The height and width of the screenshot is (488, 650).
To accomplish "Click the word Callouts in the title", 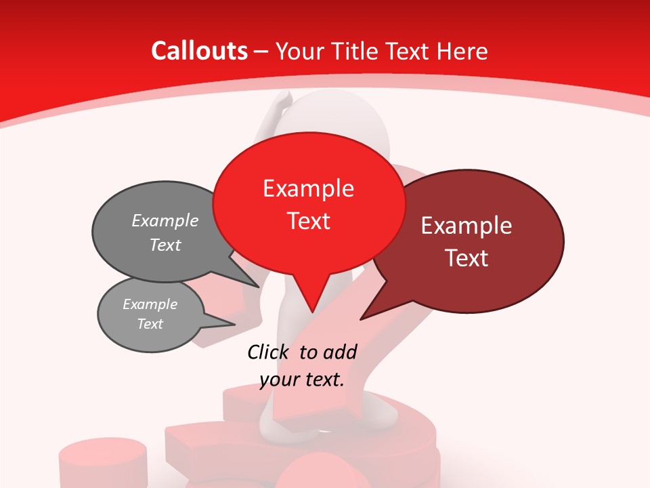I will [200, 51].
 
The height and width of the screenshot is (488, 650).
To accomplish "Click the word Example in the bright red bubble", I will [308, 188].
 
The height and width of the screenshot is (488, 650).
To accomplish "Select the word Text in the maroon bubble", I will [467, 258].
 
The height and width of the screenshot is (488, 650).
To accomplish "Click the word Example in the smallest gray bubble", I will [150, 304].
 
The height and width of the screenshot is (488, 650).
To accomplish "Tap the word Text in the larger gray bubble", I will [165, 245].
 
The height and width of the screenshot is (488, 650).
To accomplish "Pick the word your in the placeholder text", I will [279, 380].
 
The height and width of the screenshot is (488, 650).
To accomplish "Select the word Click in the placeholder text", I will [269, 352].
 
